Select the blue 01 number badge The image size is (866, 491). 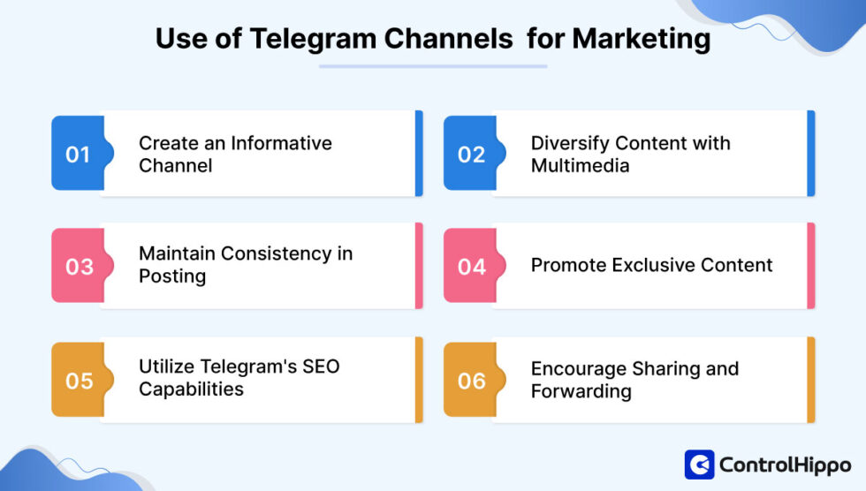pyautogui.click(x=78, y=154)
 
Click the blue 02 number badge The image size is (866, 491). pyautogui.click(x=471, y=154)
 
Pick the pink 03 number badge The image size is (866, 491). pyautogui.click(x=79, y=266)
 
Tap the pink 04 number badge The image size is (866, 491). pyautogui.click(x=471, y=266)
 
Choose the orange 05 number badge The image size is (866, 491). pyautogui.click(x=79, y=380)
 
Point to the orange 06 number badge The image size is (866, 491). pyautogui.click(x=471, y=380)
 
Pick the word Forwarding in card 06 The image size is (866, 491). pyautogui.click(x=581, y=391)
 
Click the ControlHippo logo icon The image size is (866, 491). pyautogui.click(x=699, y=465)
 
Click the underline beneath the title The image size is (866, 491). pyautogui.click(x=433, y=65)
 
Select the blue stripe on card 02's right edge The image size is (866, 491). pyautogui.click(x=810, y=154)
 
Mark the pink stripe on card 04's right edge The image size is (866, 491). pyautogui.click(x=810, y=266)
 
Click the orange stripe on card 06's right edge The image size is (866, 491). pyautogui.click(x=810, y=380)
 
